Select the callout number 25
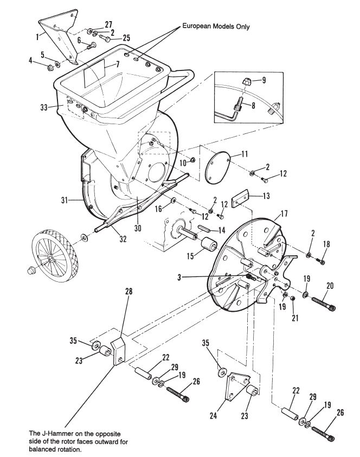pyautogui.click(x=126, y=38)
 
